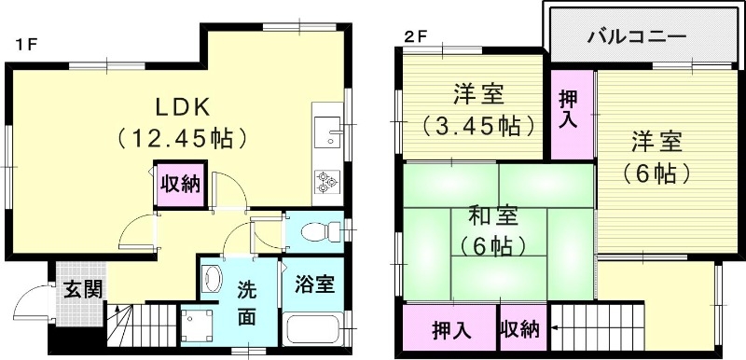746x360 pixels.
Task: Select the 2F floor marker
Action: (415, 38)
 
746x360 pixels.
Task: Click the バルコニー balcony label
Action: (638, 36)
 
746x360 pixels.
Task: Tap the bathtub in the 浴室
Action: (312, 331)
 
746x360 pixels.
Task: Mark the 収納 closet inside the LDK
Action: (178, 183)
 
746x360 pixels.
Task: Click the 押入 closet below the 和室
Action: (450, 329)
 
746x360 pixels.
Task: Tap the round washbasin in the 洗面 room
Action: (213, 278)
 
